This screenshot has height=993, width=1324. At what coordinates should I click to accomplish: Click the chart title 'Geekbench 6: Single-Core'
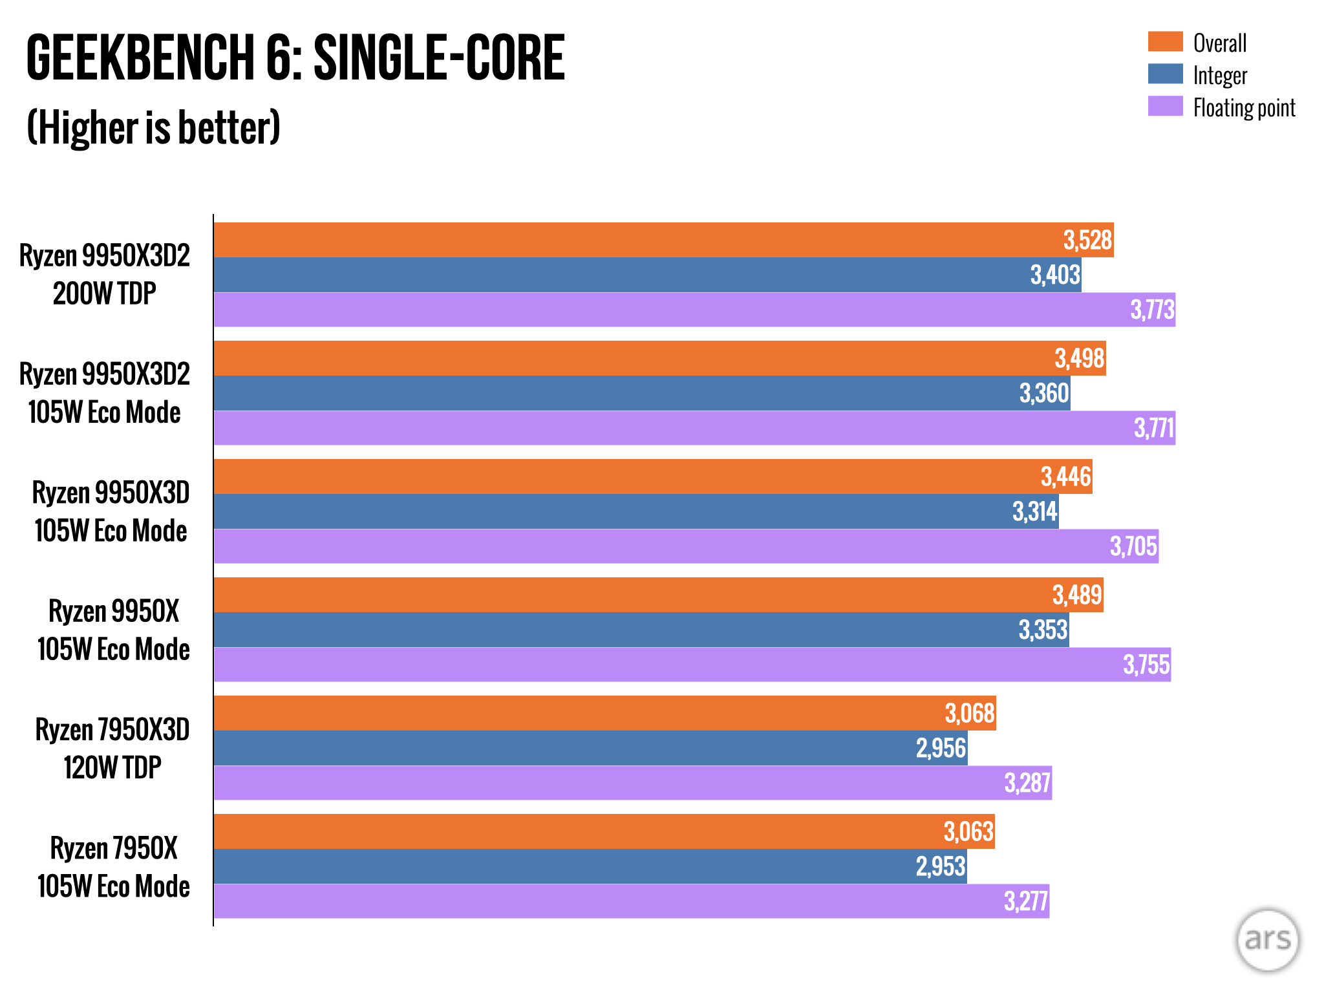[295, 58]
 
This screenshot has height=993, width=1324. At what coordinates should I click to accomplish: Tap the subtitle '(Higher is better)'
[154, 127]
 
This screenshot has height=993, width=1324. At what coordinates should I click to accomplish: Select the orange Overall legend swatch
[1165, 41]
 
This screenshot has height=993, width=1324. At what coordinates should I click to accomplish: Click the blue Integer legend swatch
[1165, 74]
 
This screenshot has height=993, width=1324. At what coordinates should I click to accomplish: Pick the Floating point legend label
[1244, 107]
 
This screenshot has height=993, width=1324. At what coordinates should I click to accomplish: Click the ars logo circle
[1267, 939]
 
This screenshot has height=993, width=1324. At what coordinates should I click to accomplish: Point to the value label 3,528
[1087, 240]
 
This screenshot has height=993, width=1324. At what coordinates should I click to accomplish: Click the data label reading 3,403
[1055, 275]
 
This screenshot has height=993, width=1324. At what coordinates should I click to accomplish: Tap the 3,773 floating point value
[1152, 310]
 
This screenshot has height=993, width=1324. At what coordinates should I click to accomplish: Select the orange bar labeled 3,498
[646, 358]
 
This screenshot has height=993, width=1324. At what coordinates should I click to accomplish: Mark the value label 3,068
[970, 713]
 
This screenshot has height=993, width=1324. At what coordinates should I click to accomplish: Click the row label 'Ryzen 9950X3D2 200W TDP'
[105, 275]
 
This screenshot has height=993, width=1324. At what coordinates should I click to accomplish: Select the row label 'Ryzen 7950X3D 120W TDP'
[112, 749]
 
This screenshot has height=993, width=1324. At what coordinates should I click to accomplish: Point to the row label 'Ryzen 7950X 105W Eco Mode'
[114, 867]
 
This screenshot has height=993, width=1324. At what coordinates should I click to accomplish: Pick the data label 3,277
[1026, 901]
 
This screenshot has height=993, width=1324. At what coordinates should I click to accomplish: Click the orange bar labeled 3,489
[646, 595]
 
